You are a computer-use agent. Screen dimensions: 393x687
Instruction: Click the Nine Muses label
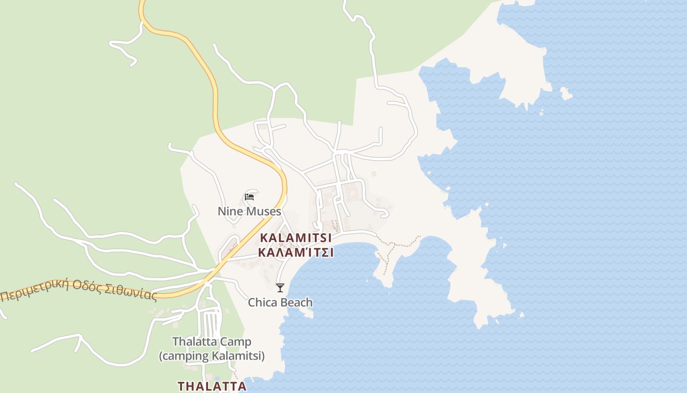(249, 211)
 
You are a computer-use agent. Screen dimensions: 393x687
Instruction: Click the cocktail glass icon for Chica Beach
(280, 288)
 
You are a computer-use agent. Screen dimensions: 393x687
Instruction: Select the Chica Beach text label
(280, 302)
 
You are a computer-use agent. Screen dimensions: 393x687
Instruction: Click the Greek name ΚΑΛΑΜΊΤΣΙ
(295, 253)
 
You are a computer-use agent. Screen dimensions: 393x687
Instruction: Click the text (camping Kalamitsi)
(211, 356)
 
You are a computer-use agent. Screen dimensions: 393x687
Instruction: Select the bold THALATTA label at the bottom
(212, 386)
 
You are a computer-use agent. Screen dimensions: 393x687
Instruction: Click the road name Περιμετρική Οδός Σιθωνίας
(79, 290)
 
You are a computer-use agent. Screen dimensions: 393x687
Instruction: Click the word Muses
(264, 211)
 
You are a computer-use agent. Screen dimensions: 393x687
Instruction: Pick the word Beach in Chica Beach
(296, 302)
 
